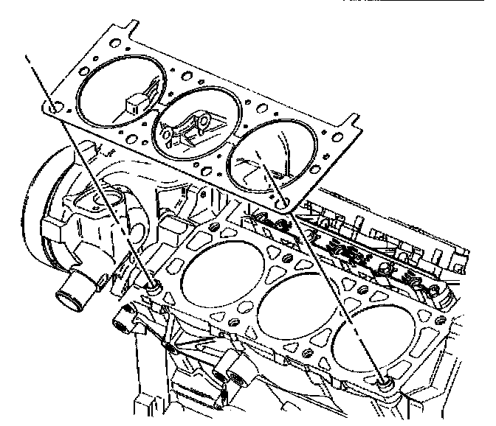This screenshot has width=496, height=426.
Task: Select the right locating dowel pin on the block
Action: (385, 383)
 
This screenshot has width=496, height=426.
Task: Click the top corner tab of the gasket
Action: (127, 30)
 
